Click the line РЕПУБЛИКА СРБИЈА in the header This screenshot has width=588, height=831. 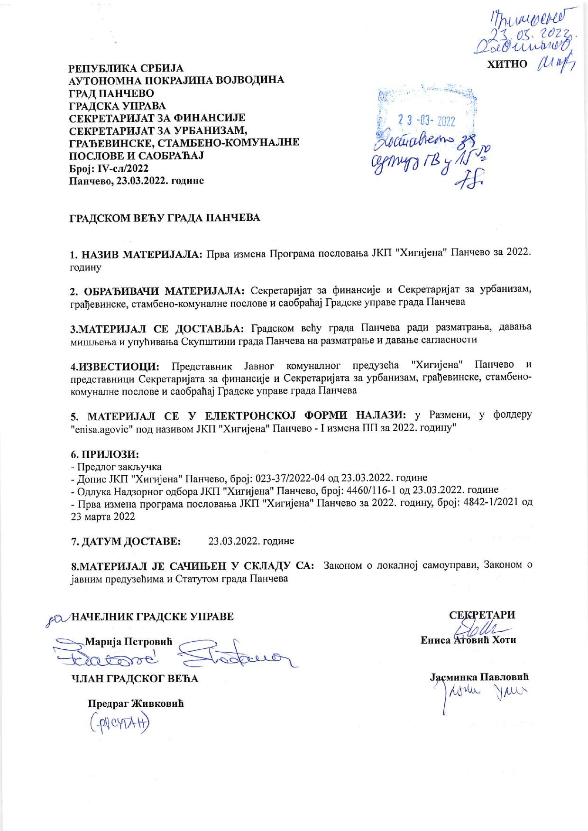click(x=126, y=69)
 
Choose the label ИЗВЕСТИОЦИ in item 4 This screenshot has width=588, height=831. click(x=119, y=366)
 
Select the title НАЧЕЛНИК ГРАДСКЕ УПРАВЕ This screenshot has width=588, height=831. click(x=152, y=617)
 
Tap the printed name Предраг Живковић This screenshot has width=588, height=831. click(x=136, y=703)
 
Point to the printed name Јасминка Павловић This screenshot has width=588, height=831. click(x=479, y=677)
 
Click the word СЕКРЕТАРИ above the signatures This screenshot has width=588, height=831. click(x=482, y=615)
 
